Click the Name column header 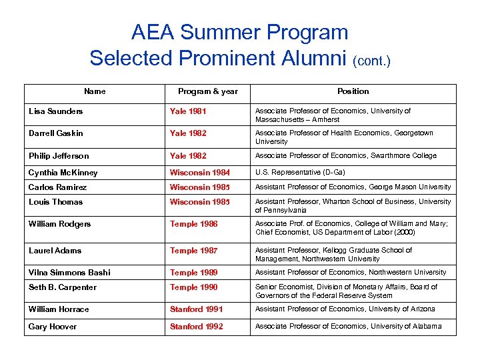[95, 91]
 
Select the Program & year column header [207, 91]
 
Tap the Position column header [353, 91]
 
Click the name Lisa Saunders [56, 111]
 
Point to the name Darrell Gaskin [56, 133]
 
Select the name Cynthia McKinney [63, 173]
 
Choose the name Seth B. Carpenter [62, 287]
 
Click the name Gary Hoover [52, 327]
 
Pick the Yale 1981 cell [188, 111]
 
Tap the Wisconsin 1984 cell [199, 173]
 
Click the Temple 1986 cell [193, 224]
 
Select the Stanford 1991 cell [196, 309]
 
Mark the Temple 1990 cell [193, 287]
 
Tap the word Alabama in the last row [425, 326]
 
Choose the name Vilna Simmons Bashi [69, 272]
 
